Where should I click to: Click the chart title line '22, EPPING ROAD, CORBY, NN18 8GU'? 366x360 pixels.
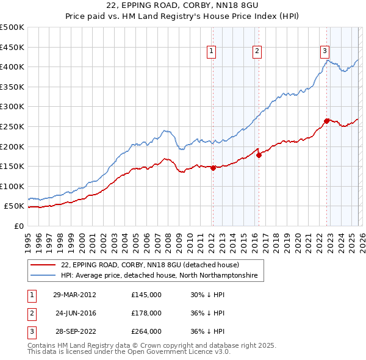(182, 7)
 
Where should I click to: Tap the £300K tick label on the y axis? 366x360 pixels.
(12, 107)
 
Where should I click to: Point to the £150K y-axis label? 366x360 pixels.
(12, 166)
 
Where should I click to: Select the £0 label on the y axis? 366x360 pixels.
(19, 226)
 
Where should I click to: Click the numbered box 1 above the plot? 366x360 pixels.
(211, 52)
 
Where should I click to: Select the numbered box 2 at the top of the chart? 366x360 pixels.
(257, 52)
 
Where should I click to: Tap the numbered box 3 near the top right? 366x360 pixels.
(325, 52)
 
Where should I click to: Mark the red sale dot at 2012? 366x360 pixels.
(213, 168)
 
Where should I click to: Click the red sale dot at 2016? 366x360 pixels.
(259, 155)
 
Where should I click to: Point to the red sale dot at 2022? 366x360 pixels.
(326, 121)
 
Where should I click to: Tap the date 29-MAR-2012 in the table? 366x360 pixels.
(74, 294)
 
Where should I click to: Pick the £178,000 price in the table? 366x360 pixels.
(146, 313)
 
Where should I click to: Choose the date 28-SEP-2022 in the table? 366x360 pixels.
(74, 331)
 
